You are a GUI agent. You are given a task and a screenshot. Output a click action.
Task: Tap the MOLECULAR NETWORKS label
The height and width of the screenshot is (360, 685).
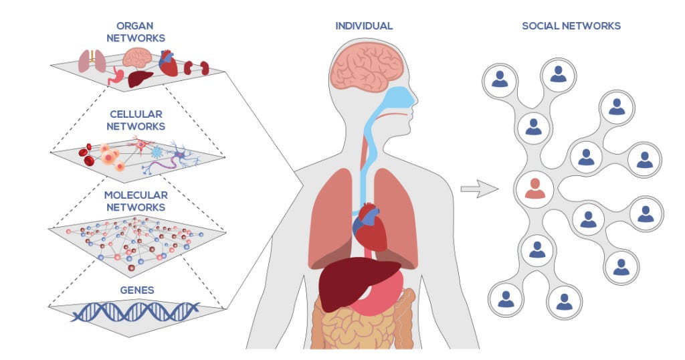[x=136, y=201]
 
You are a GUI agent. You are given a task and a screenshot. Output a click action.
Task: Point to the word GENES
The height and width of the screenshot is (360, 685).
[x=136, y=290]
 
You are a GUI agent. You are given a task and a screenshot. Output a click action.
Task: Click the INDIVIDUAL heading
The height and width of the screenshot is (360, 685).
[x=364, y=26]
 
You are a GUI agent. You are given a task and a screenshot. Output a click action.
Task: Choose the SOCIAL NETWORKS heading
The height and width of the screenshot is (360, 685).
[x=571, y=26]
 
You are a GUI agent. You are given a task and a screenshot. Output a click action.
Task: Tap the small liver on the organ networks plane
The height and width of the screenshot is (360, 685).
[x=140, y=79]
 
